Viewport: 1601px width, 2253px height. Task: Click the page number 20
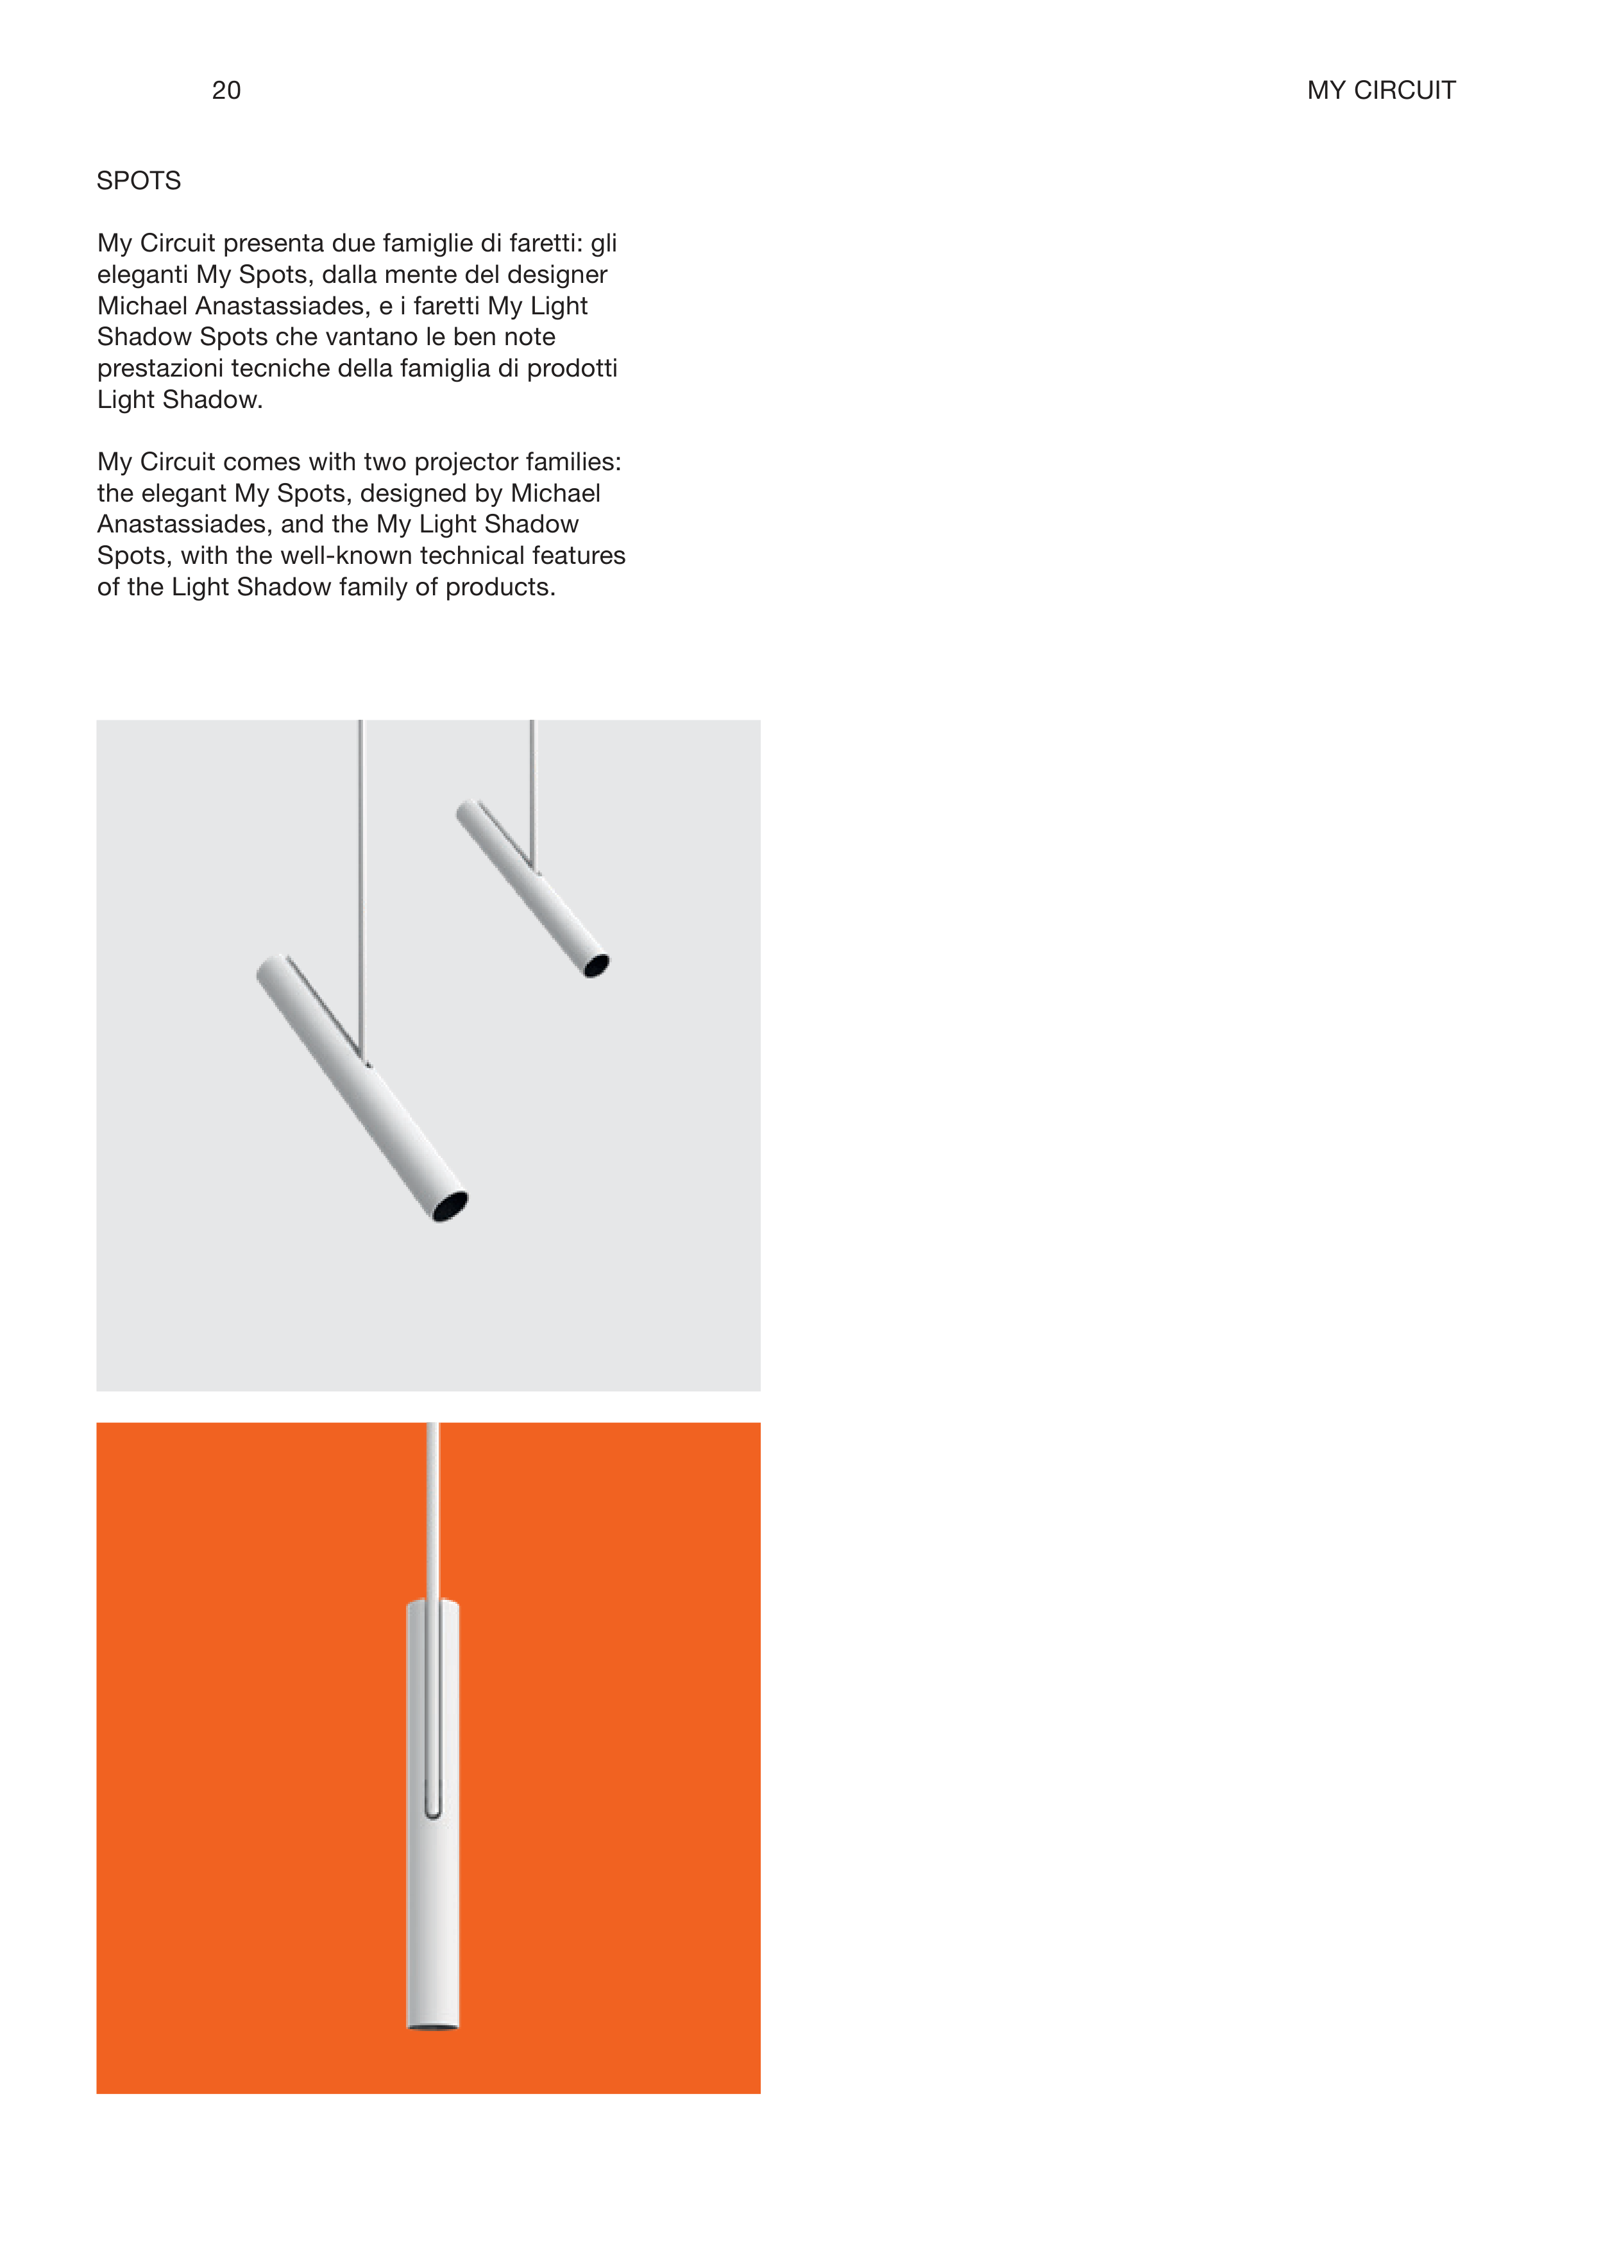pyautogui.click(x=226, y=90)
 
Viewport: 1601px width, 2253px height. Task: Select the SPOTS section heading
pyautogui.click(x=139, y=180)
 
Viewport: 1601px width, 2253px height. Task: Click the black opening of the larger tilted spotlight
pyautogui.click(x=452, y=1205)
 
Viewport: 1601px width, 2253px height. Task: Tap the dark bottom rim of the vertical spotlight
pyautogui.click(x=433, y=2027)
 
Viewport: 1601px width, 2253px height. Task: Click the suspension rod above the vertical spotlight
pyautogui.click(x=433, y=1509)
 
